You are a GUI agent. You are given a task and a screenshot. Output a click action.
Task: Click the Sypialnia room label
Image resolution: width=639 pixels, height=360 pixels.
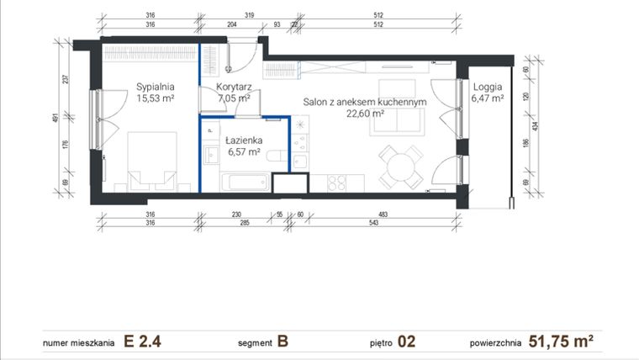(156, 86)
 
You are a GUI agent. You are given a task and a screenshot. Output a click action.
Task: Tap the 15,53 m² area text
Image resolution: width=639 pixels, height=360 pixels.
(156, 98)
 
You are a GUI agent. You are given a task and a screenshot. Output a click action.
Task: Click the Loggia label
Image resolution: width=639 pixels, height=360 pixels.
(488, 86)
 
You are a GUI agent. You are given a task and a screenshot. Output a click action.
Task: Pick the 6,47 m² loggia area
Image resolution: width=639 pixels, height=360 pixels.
(488, 98)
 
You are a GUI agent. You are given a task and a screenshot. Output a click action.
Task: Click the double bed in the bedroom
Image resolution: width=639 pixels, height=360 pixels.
(151, 160)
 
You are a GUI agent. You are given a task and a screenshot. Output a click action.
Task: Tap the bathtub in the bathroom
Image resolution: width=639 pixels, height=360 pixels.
(245, 179)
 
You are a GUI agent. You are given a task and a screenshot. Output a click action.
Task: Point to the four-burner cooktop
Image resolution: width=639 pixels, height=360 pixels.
(338, 182)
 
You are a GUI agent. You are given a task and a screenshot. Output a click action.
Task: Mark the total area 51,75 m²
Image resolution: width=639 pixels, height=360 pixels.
(562, 342)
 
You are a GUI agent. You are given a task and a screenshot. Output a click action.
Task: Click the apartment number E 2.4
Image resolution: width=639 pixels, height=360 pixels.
(141, 342)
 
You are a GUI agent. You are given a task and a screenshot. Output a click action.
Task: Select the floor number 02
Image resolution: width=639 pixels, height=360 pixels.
(407, 342)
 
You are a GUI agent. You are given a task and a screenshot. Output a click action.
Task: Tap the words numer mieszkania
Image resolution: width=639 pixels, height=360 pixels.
(77, 343)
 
